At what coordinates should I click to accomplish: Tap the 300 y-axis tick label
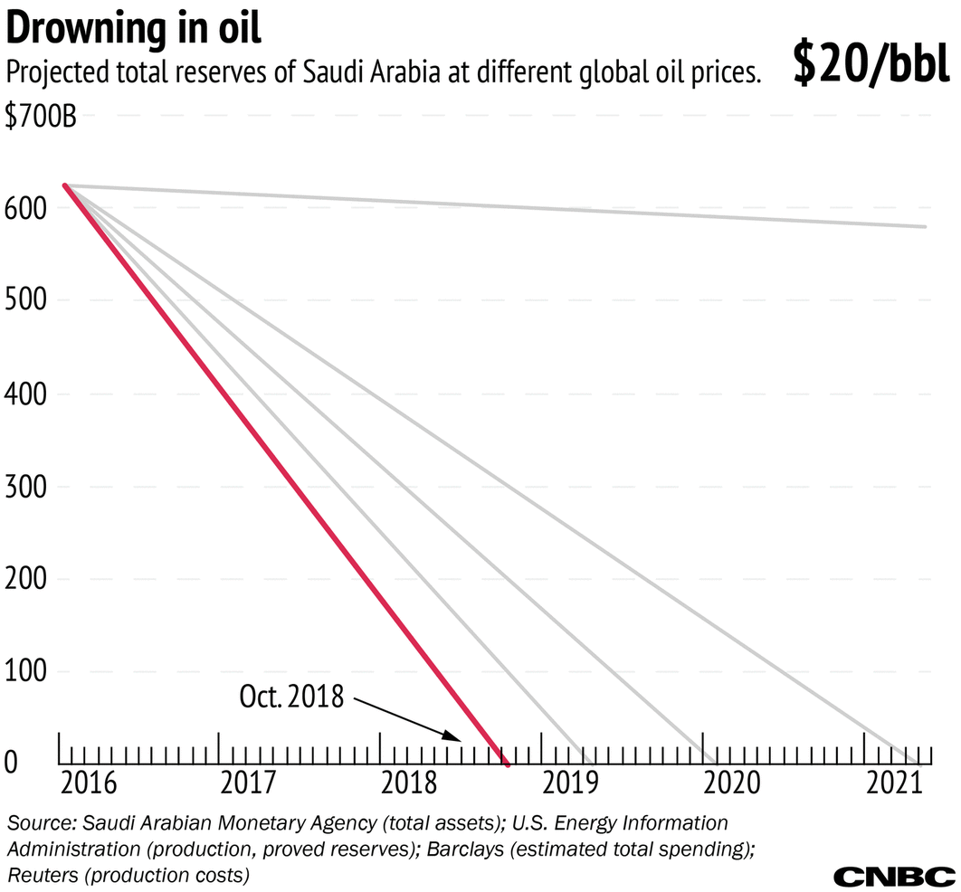click(24, 487)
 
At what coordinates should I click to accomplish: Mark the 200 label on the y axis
click(24, 579)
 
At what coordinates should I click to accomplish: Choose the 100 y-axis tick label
click(24, 672)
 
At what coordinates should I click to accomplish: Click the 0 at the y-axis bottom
click(11, 764)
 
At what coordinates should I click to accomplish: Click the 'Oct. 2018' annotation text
click(291, 697)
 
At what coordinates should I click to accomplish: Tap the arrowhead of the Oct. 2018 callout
click(456, 737)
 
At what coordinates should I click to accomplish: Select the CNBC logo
click(893, 876)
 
